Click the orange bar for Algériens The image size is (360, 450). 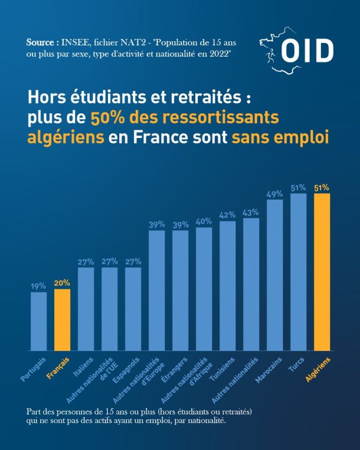point(322,272)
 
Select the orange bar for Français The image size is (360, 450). point(63,320)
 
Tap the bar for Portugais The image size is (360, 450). point(39,321)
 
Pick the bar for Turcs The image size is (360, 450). point(298,272)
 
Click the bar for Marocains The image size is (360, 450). point(275,275)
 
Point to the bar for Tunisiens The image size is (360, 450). point(228,286)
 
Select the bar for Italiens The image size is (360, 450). point(86,309)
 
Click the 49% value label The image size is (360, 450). point(275,194)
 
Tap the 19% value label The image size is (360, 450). point(38,286)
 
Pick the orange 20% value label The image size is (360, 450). point(62,283)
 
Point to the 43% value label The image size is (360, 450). point(251,213)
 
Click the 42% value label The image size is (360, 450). point(227,215)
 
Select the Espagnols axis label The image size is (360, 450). point(126,370)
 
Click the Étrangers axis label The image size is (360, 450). point(174,370)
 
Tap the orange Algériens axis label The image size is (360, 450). point(318,369)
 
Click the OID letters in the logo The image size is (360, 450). point(307,51)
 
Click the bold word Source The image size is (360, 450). point(40,42)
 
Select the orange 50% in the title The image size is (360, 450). point(106,118)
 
